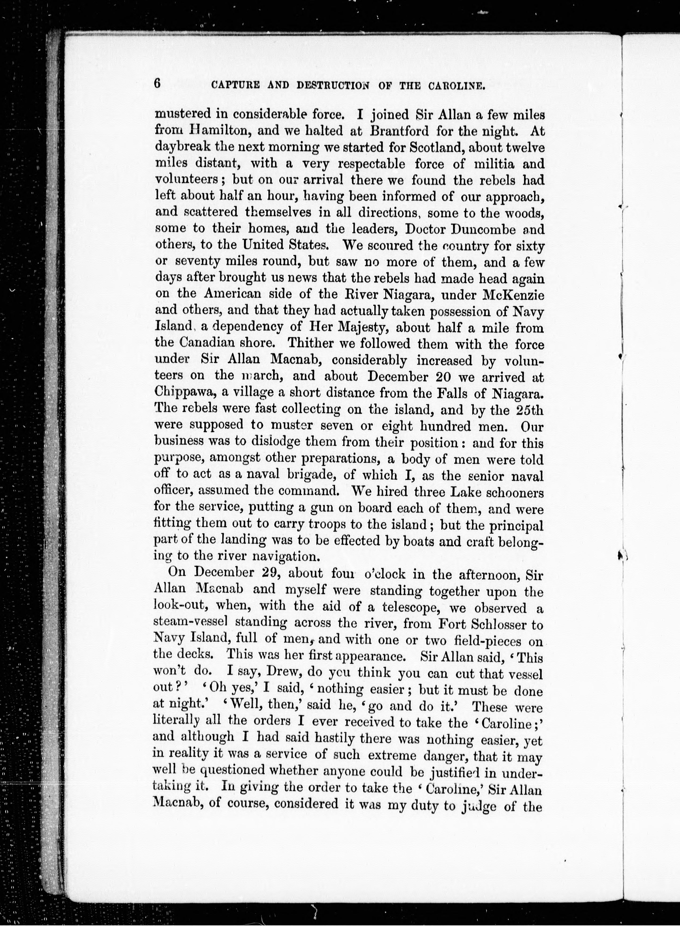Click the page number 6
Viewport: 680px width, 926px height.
[x=157, y=84]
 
